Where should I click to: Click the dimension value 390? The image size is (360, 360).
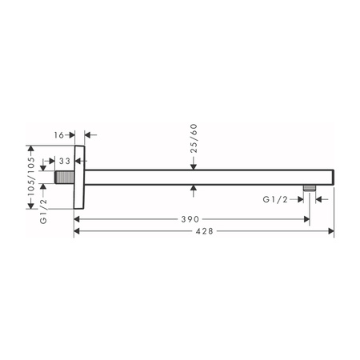tap(190, 219)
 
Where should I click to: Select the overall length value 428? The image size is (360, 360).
tap(205, 231)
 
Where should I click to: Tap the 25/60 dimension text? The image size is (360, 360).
tap(194, 138)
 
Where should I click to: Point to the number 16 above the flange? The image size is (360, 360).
tap(58, 135)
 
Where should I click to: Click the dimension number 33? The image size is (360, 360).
tap(65, 161)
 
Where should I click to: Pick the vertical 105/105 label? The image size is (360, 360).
tap(31, 177)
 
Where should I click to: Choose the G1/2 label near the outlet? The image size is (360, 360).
tap(275, 199)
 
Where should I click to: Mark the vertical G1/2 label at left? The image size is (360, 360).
tap(43, 211)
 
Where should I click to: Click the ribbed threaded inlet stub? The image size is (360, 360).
tap(64, 177)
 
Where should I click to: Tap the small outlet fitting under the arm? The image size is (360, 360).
tap(310, 188)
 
